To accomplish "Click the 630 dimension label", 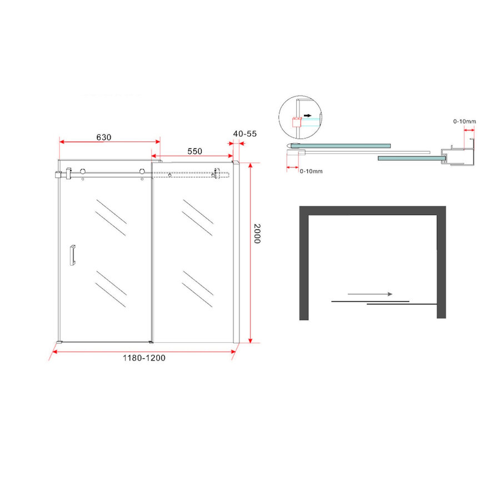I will (104, 137).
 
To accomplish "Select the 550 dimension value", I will (194, 151).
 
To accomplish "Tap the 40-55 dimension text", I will (245, 134).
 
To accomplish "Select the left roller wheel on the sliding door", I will (83, 172).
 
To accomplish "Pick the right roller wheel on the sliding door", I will (143, 172).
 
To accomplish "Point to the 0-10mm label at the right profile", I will (464, 121).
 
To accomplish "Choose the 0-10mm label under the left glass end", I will (311, 171).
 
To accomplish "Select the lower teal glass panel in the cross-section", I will (409, 158).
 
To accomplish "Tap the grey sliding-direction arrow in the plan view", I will (369, 294).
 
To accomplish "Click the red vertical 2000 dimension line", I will (251, 253).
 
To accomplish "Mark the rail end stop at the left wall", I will (57, 176).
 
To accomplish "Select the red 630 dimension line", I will (110, 143).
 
